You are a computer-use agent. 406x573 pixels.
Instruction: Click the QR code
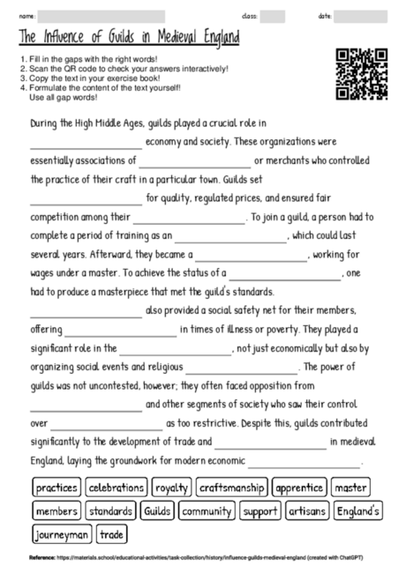coord(362,74)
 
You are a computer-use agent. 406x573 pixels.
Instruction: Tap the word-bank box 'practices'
coord(56,487)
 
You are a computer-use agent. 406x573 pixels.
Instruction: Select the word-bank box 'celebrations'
coord(116,487)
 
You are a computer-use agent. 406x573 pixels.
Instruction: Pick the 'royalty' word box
coord(171,487)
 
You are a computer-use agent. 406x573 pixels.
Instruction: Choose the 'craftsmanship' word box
coord(231,487)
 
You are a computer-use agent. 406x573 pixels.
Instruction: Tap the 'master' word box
coord(351,487)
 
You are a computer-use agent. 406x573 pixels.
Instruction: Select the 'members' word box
coord(56,510)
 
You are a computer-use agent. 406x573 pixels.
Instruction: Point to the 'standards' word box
coord(110,510)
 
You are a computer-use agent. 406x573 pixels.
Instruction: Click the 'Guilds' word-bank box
coord(157,510)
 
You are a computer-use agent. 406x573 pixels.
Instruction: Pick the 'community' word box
coord(207,510)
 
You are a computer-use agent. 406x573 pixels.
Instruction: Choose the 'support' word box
coord(259,510)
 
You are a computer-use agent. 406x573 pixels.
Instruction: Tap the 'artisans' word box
coord(306,510)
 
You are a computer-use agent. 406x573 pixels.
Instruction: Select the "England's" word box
coord(357,510)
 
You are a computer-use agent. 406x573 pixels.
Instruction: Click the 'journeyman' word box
coord(62,534)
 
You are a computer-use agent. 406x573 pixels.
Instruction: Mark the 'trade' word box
coord(112,534)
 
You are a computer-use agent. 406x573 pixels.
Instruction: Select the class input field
coord(272,16)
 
